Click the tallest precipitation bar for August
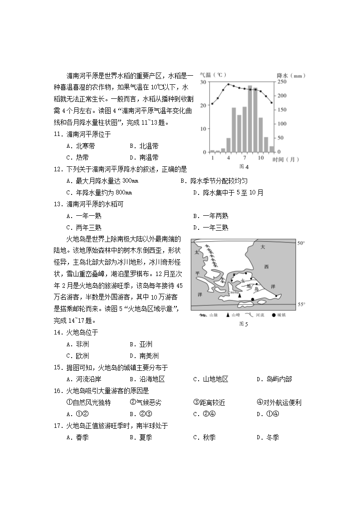[x=250, y=119]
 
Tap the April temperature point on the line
[x=229, y=84]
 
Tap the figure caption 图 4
[x=243, y=167]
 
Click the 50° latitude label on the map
[x=301, y=243]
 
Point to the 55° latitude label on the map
[x=301, y=305]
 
